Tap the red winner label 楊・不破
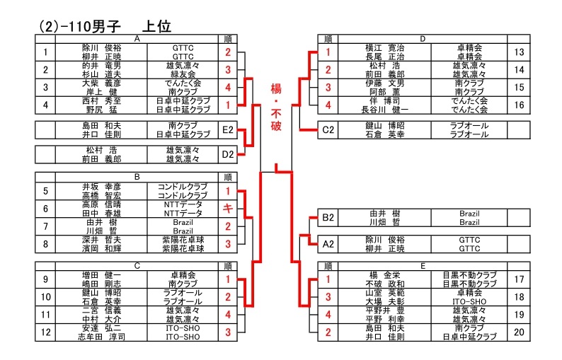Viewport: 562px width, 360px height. coord(276,110)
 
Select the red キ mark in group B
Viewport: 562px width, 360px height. coord(227,209)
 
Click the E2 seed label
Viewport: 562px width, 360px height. coord(227,130)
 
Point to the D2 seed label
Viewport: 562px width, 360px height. coord(227,155)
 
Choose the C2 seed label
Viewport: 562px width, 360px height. coord(328,130)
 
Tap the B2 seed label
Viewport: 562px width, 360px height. coord(328,218)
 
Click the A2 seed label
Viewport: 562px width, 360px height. coord(328,244)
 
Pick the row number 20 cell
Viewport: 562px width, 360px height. coord(519,332)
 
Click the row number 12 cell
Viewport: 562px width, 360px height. coord(45,332)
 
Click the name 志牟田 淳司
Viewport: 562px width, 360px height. coord(102,337)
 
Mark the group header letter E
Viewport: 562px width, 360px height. coord(422,266)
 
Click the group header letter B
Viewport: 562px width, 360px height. coord(137,177)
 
